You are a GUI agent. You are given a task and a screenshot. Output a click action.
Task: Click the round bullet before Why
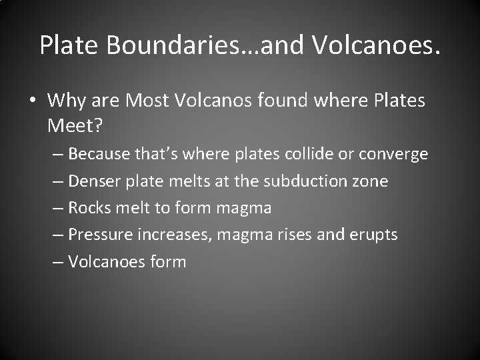pyautogui.click(x=32, y=102)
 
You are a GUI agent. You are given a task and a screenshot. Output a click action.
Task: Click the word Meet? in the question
pyautogui.click(x=71, y=124)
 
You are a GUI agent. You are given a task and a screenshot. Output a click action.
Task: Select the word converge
pyautogui.click(x=393, y=155)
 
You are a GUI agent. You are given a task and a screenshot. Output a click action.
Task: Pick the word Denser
pyautogui.click(x=94, y=181)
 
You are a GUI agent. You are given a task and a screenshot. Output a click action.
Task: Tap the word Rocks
pyautogui.click(x=89, y=208)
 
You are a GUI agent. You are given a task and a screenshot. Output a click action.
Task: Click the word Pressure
pyautogui.click(x=100, y=235)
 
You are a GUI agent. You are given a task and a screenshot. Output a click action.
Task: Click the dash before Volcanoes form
pyautogui.click(x=58, y=262)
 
